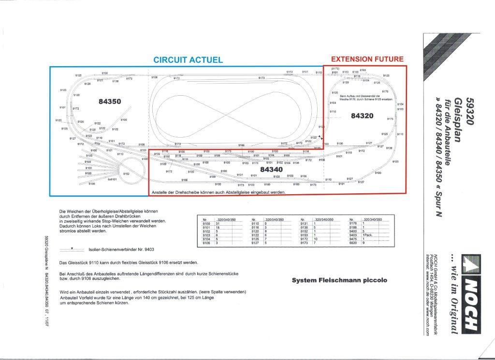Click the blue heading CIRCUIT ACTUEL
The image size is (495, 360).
188,60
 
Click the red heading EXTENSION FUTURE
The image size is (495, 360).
367,59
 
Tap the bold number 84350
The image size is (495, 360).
110,101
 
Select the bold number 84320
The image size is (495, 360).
362,116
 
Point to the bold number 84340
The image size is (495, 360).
271,170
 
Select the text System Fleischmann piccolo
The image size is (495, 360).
339,280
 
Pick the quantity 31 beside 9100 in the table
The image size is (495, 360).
218,223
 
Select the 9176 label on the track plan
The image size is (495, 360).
385,91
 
